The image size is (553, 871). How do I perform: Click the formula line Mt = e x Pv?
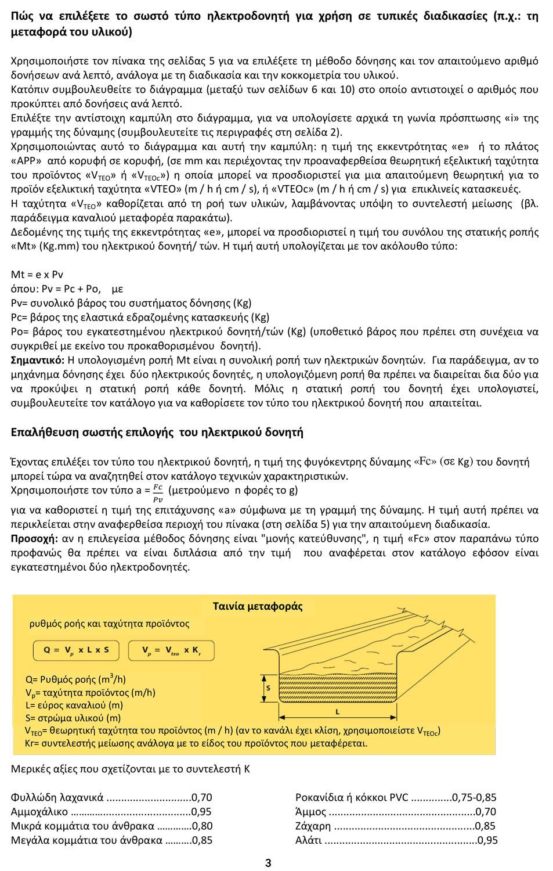tap(37, 275)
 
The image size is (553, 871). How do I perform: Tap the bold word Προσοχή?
tap(34, 538)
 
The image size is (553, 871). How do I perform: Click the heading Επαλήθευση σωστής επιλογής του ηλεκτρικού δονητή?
tap(157, 433)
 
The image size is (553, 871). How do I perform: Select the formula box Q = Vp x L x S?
tap(76, 650)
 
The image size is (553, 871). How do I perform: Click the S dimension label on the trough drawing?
tap(268, 688)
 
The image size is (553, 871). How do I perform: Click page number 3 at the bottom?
tap(268, 863)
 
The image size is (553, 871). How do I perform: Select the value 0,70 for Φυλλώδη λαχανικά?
tap(201, 797)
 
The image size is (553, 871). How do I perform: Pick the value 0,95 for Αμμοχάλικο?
tap(201, 812)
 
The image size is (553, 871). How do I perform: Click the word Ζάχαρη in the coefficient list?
tap(313, 826)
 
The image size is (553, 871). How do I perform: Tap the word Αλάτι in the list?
tap(309, 840)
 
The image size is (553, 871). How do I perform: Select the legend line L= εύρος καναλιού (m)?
tap(74, 705)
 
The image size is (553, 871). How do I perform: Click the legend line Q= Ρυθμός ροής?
tap(75, 679)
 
